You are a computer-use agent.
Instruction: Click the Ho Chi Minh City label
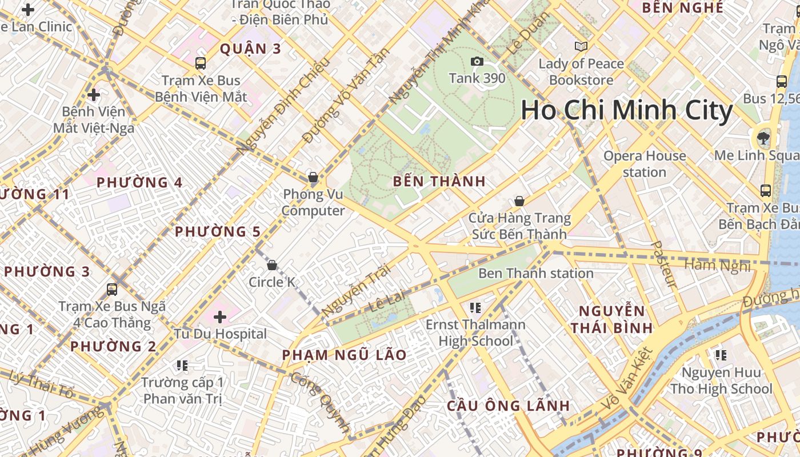(x=626, y=111)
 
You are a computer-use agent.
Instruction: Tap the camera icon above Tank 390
(x=477, y=61)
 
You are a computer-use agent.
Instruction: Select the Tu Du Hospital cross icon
(x=220, y=316)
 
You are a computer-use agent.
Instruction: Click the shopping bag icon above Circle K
(x=272, y=265)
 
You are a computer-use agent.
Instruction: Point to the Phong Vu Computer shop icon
(x=313, y=177)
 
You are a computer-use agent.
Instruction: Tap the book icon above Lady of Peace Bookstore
(x=581, y=46)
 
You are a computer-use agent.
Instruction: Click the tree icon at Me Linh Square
(x=763, y=138)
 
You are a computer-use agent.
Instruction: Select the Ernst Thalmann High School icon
(x=475, y=308)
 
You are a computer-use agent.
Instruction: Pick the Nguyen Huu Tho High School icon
(x=721, y=355)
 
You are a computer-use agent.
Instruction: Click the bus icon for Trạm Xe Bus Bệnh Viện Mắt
(x=200, y=63)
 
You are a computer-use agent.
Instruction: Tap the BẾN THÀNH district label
(x=439, y=182)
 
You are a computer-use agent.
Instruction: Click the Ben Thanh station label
(x=535, y=273)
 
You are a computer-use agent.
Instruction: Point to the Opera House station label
(x=645, y=163)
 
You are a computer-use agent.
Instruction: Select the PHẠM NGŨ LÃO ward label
(x=344, y=355)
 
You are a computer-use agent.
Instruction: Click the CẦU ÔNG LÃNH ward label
(x=508, y=406)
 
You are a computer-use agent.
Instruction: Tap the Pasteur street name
(x=663, y=264)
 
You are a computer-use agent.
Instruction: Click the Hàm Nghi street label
(x=717, y=265)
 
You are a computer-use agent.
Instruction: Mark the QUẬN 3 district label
(x=251, y=49)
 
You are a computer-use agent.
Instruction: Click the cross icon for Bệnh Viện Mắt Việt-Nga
(x=94, y=94)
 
